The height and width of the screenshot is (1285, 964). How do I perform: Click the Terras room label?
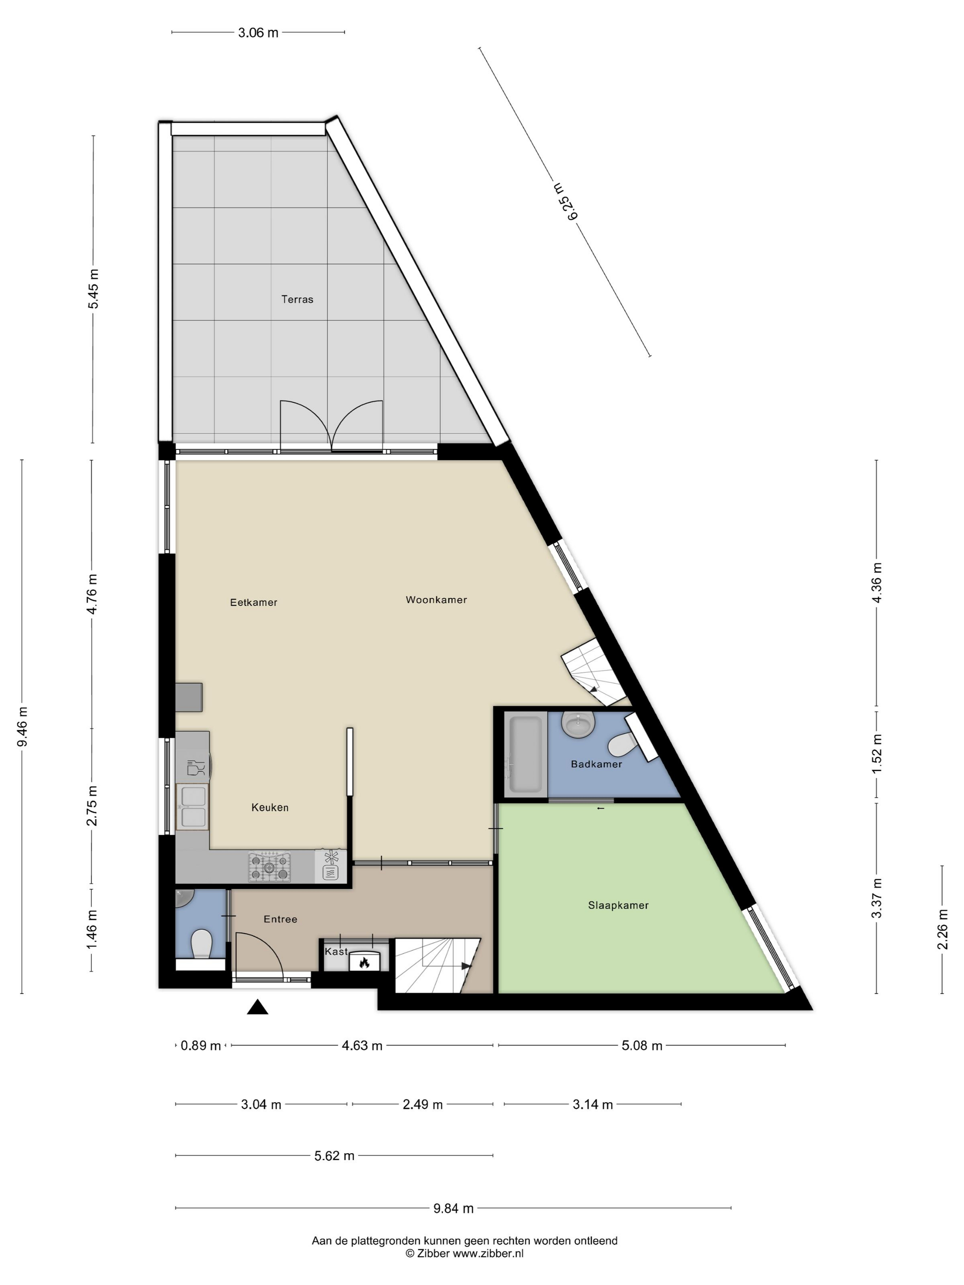pyautogui.click(x=297, y=300)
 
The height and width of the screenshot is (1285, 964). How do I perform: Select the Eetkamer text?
pyautogui.click(x=253, y=603)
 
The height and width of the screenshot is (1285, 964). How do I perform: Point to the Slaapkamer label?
pyautogui.click(x=618, y=905)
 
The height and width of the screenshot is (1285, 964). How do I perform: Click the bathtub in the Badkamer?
pyautogui.click(x=525, y=754)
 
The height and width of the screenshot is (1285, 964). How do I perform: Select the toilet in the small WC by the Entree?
pyautogui.click(x=201, y=944)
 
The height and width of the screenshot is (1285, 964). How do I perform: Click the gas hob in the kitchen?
pyautogui.click(x=269, y=867)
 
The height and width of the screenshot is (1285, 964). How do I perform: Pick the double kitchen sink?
pyautogui.click(x=192, y=807)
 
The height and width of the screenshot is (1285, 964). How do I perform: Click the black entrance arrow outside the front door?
pyautogui.click(x=258, y=1007)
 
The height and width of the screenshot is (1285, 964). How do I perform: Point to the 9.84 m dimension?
pyautogui.click(x=453, y=1208)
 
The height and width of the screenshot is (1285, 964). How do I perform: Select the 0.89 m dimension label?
pyautogui.click(x=201, y=1045)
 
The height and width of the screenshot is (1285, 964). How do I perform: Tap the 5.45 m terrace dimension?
pyautogui.click(x=94, y=289)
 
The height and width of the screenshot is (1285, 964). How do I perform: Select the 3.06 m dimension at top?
pyautogui.click(x=258, y=33)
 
